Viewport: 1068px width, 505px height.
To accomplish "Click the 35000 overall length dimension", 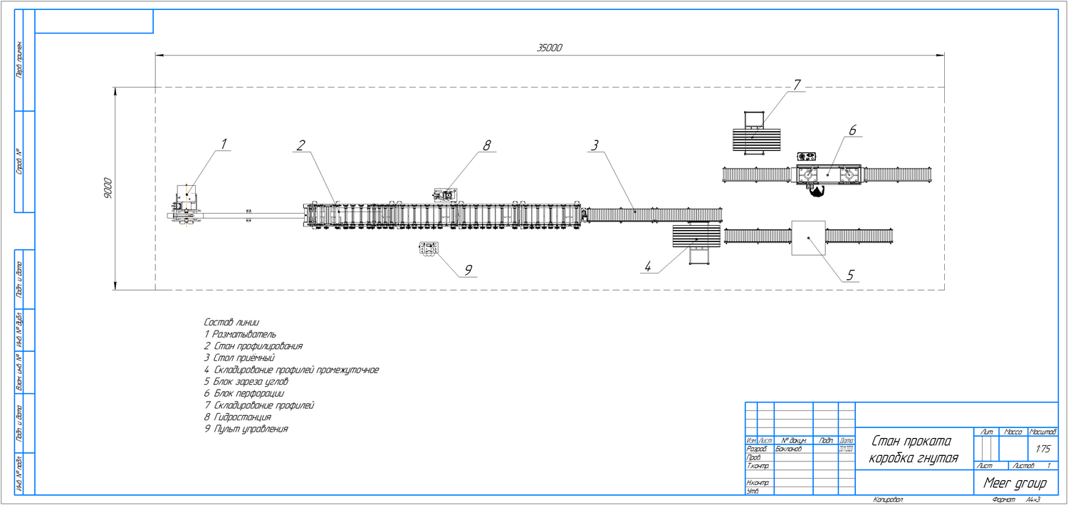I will coord(549,48).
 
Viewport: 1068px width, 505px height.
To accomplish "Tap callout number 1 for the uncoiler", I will coord(224,144).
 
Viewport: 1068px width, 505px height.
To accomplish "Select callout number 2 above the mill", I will coord(301,145).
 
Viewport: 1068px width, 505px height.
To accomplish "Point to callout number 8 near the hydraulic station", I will coord(487,145).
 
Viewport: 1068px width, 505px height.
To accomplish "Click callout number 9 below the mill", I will coord(468,269).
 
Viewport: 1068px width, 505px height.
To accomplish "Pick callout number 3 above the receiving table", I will coord(594,145).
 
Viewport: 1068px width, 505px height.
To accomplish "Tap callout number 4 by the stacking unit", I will coord(647,267).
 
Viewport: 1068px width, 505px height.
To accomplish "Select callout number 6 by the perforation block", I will coord(852,130).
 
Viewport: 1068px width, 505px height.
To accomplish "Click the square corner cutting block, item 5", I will coord(808,237).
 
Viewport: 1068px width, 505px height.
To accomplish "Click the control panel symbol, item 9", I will coord(429,249).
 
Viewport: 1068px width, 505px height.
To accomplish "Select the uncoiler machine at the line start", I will coord(187,204).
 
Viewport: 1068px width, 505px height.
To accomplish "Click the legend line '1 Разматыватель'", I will coord(240,334).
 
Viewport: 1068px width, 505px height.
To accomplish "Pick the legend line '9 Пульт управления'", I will coord(246,429).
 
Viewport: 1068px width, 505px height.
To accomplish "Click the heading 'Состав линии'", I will coord(231,322).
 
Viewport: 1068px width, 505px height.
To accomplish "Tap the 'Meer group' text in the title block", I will coord(1015,483).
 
